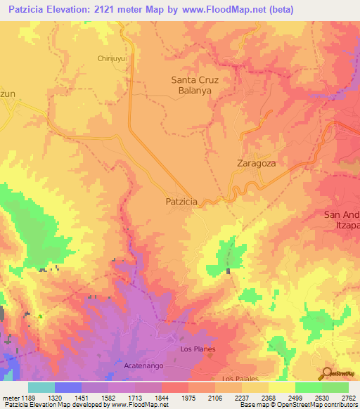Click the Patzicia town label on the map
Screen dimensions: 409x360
[x=181, y=201]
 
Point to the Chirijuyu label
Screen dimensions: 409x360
[x=110, y=59]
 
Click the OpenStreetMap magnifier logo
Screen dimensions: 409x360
[x=326, y=373]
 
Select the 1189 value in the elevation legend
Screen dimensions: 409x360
[x=27, y=397]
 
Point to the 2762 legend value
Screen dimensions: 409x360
[x=349, y=397]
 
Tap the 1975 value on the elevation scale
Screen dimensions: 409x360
[x=188, y=397]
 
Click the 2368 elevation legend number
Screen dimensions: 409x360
[x=269, y=397]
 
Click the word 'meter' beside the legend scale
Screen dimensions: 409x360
[x=10, y=397]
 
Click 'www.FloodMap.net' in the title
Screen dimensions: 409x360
[x=219, y=9]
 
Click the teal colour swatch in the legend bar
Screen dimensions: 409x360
[x=41, y=387]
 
